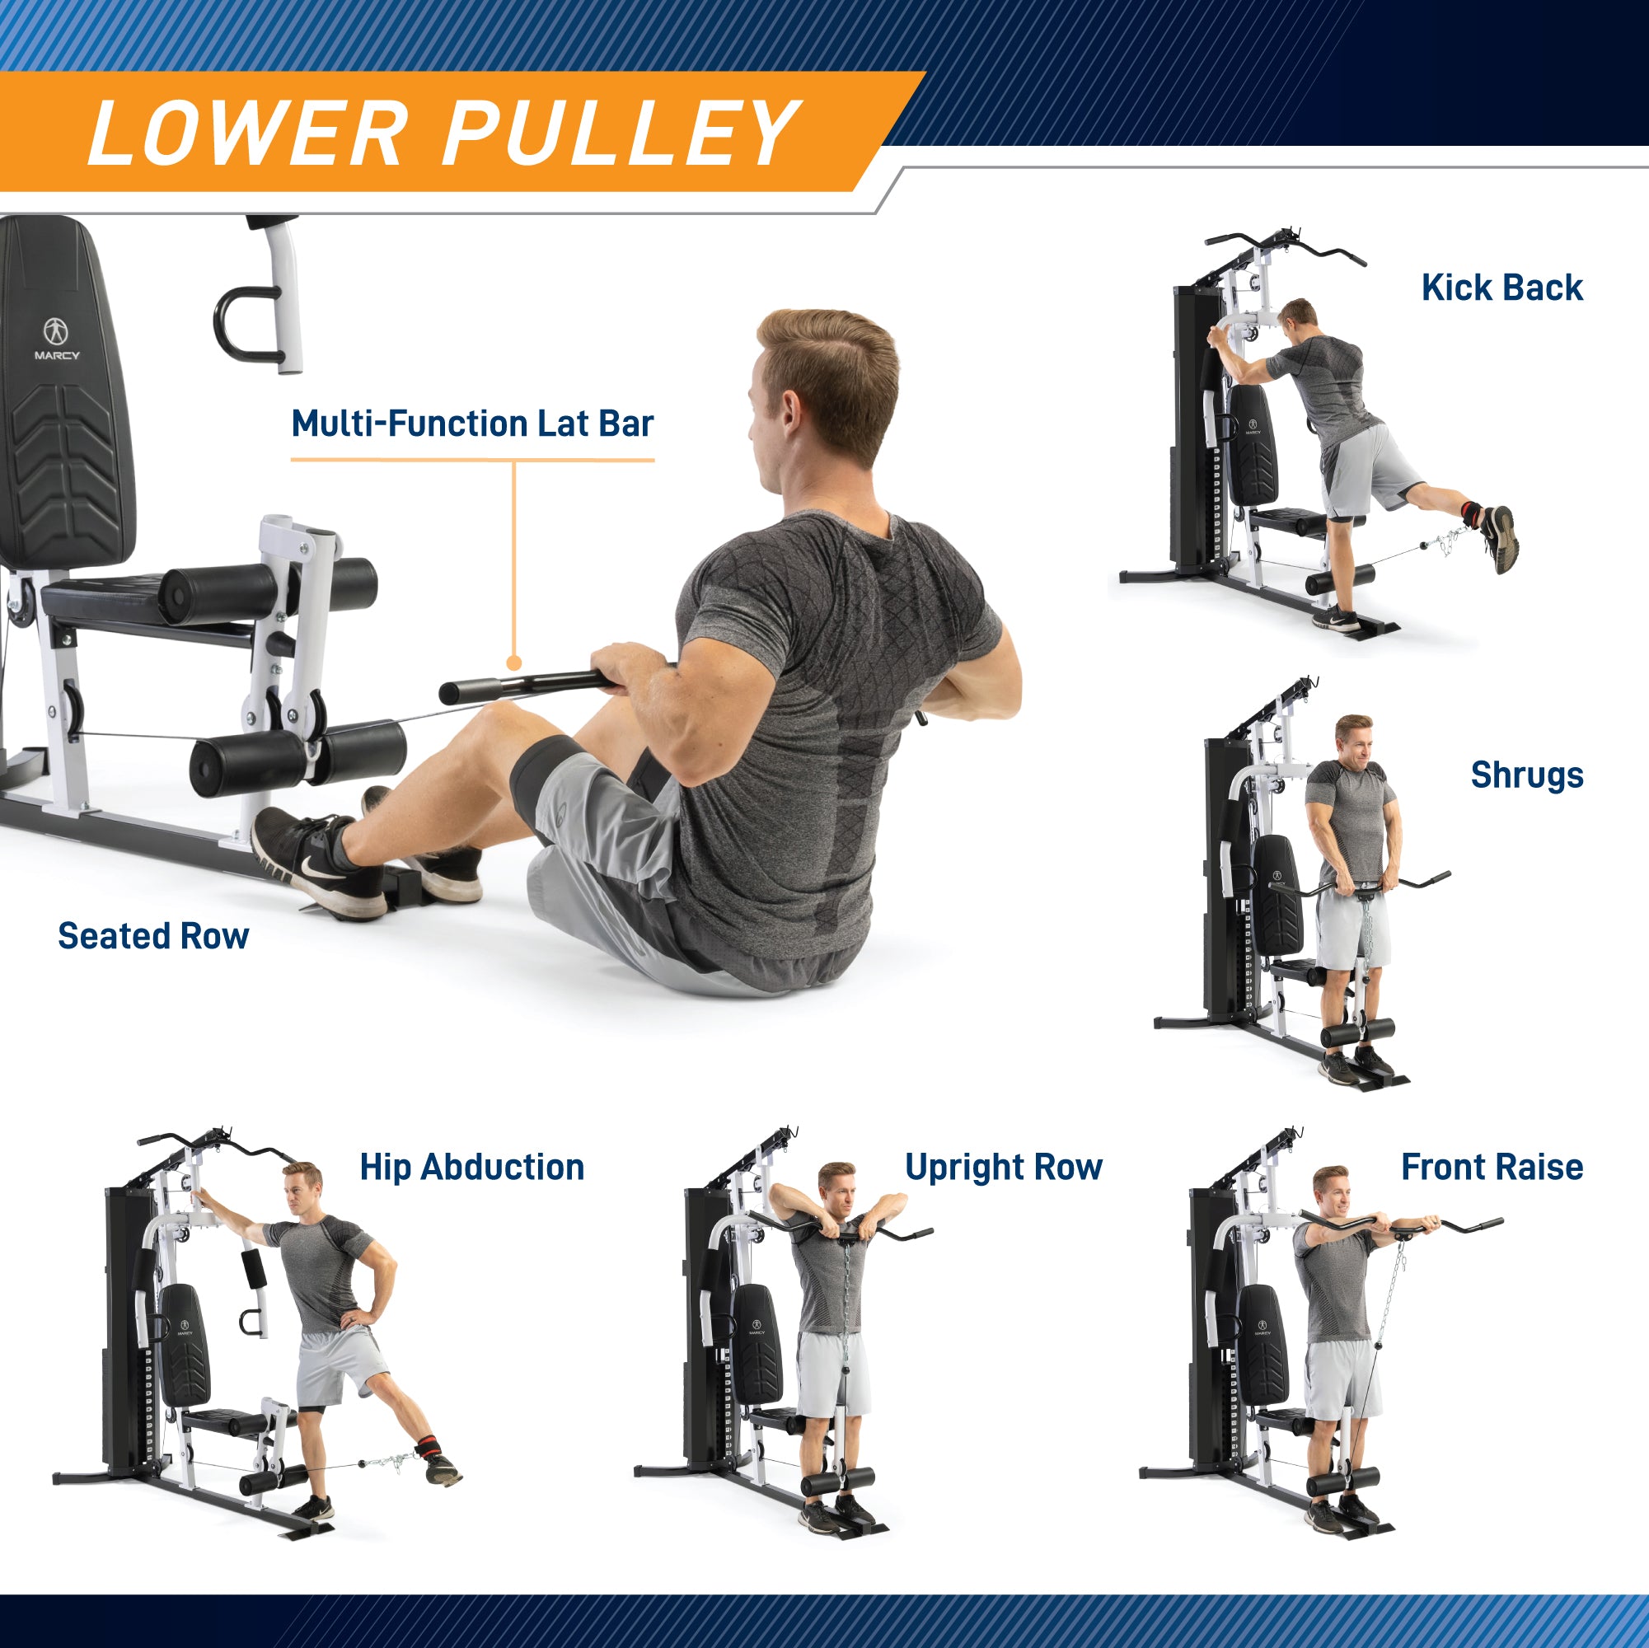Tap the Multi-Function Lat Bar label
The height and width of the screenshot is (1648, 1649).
[472, 424]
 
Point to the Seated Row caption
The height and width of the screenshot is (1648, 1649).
[153, 936]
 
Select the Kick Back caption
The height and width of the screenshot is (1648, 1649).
[1501, 288]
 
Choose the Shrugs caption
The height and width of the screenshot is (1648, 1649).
[1526, 775]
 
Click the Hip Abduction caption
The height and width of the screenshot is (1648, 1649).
[472, 1168]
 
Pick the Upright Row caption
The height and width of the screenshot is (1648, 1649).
[1003, 1168]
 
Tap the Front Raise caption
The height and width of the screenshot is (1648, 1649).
[1492, 1168]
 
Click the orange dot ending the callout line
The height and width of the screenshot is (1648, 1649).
[514, 663]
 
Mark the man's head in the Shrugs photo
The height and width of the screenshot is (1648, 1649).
[1354, 739]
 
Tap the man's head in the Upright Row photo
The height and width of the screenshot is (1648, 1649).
[836, 1187]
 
